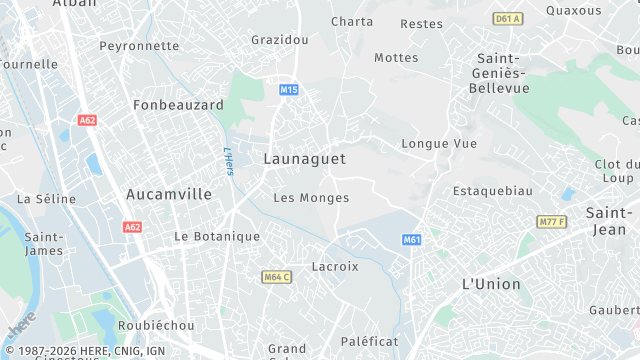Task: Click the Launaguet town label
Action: pyautogui.click(x=306, y=158)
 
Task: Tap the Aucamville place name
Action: pyautogui.click(x=169, y=194)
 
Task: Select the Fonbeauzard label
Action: pyautogui.click(x=178, y=104)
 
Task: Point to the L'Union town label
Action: pyautogui.click(x=491, y=284)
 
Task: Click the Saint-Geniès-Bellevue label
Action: pyautogui.click(x=503, y=73)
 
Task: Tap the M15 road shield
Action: pyautogui.click(x=289, y=90)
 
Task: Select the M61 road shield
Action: pyautogui.click(x=412, y=240)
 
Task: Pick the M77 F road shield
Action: pyautogui.click(x=551, y=221)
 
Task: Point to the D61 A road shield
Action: pyautogui.click(x=509, y=19)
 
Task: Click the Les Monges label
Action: pyautogui.click(x=311, y=198)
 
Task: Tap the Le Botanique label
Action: pyautogui.click(x=217, y=236)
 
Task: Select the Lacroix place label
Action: pyautogui.click(x=335, y=267)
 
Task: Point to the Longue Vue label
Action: pyautogui.click(x=439, y=143)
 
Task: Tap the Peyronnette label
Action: pyautogui.click(x=140, y=46)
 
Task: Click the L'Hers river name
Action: pyautogui.click(x=227, y=160)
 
